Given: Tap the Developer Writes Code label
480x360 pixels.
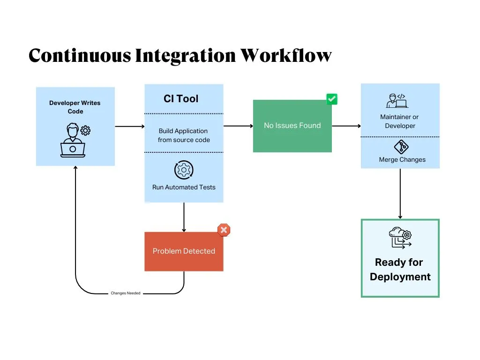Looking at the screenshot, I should pyautogui.click(x=75, y=107).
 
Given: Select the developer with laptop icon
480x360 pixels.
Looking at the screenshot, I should pyautogui.click(x=74, y=140).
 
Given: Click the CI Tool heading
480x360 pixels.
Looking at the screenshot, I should pyautogui.click(x=181, y=99).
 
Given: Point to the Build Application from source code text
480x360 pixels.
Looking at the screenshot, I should pyautogui.click(x=184, y=135).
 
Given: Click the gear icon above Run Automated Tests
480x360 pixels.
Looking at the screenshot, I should pyautogui.click(x=184, y=170).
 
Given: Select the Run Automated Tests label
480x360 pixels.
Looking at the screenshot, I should pyautogui.click(x=184, y=187).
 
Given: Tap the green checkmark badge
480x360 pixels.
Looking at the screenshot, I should pyautogui.click(x=332, y=99).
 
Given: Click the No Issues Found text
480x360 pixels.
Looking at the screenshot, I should pyautogui.click(x=292, y=126).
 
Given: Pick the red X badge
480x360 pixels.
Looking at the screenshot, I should pyautogui.click(x=224, y=230).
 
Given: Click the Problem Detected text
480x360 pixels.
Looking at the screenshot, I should pyautogui.click(x=184, y=251).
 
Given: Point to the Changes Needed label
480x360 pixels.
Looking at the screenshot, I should pyautogui.click(x=125, y=293).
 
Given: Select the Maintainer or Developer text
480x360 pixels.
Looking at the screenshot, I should pyautogui.click(x=400, y=121).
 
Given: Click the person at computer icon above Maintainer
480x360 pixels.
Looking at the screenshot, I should pyautogui.click(x=397, y=101).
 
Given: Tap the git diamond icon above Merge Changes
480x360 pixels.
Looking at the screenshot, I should pyautogui.click(x=401, y=147).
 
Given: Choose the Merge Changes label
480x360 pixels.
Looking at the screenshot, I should pyautogui.click(x=402, y=160).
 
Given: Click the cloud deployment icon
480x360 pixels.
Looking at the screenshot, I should pyautogui.click(x=400, y=238).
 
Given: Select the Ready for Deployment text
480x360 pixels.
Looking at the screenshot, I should pyautogui.click(x=400, y=270).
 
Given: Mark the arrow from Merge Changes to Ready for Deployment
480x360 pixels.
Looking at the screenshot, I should pyautogui.click(x=400, y=194).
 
